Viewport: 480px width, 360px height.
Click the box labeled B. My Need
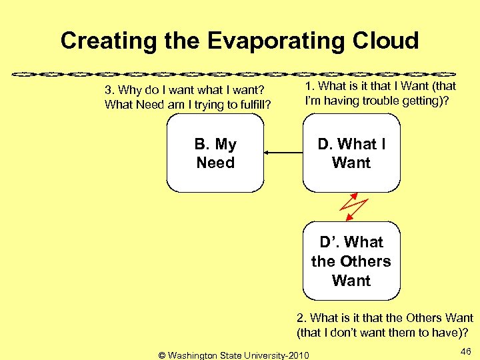[215, 153]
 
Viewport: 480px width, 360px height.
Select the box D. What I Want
[351, 153]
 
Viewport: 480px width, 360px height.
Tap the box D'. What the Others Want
[351, 261]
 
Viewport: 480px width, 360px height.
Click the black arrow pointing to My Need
[283, 153]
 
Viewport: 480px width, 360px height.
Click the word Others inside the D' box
[365, 261]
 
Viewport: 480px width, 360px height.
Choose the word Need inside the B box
[215, 163]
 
